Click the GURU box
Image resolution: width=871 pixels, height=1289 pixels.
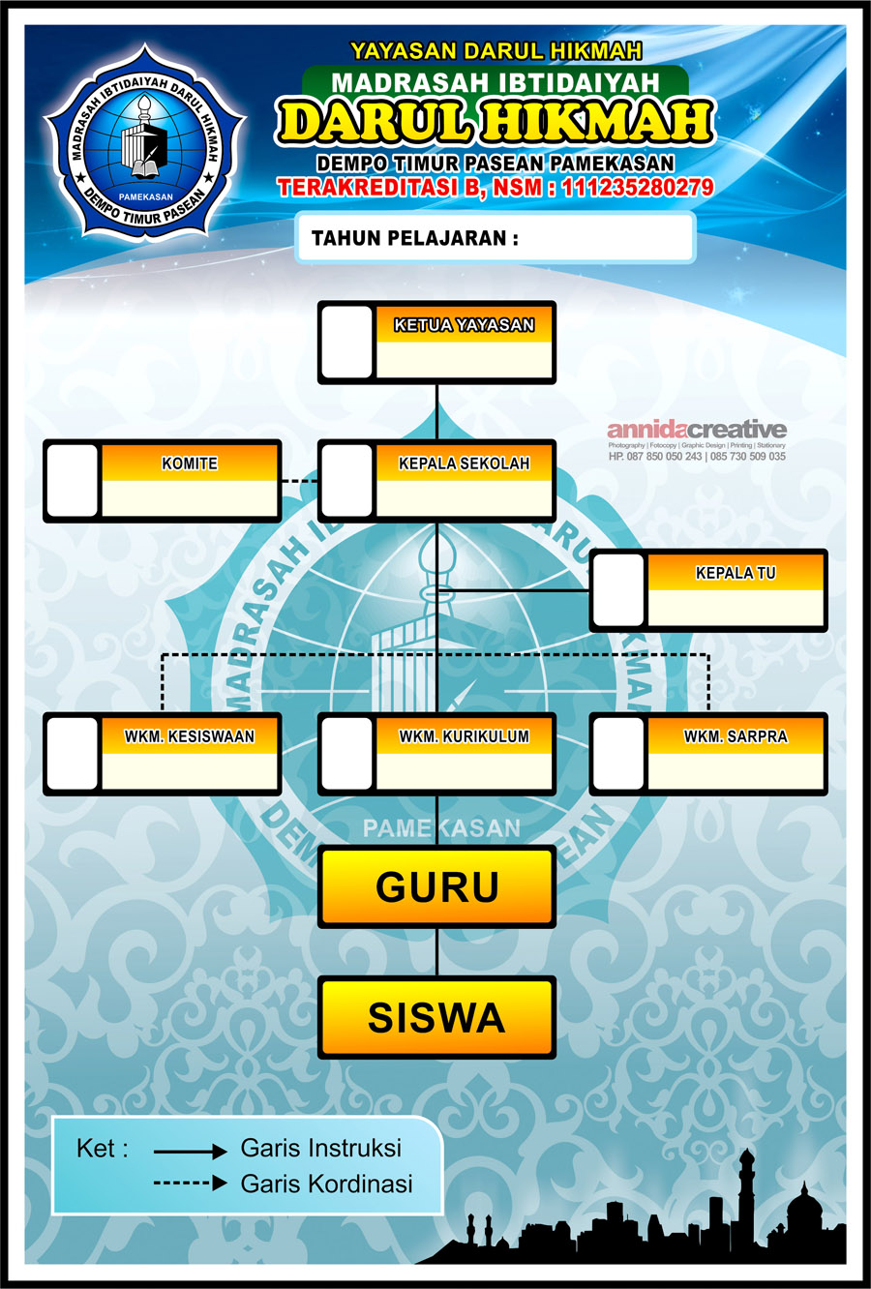[x=436, y=886]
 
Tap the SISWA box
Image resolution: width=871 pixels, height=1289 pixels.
[x=436, y=1017]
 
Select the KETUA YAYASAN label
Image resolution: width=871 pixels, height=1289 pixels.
[x=464, y=326]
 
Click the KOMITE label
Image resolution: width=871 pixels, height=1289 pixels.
[x=190, y=464]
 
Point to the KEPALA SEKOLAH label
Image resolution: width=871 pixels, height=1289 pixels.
[x=464, y=464]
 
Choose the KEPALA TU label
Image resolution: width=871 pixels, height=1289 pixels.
[x=736, y=573]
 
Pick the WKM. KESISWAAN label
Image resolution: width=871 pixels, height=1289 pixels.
[x=190, y=736]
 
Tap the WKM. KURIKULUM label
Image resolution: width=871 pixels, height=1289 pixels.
[x=464, y=736]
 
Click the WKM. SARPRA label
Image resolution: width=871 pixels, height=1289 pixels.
[x=736, y=736]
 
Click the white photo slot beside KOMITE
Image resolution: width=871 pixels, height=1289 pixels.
[x=73, y=481]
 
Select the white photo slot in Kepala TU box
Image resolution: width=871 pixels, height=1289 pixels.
[x=618, y=590]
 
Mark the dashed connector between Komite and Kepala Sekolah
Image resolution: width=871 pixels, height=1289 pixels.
[x=299, y=480]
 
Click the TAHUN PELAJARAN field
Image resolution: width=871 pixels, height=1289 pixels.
[x=495, y=238]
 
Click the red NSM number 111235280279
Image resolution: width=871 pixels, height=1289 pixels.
[x=637, y=188]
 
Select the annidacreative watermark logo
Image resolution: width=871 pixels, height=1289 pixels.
[x=697, y=430]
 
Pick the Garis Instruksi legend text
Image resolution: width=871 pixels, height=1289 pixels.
[x=320, y=1149]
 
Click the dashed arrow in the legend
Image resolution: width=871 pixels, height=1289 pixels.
[x=191, y=1184]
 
